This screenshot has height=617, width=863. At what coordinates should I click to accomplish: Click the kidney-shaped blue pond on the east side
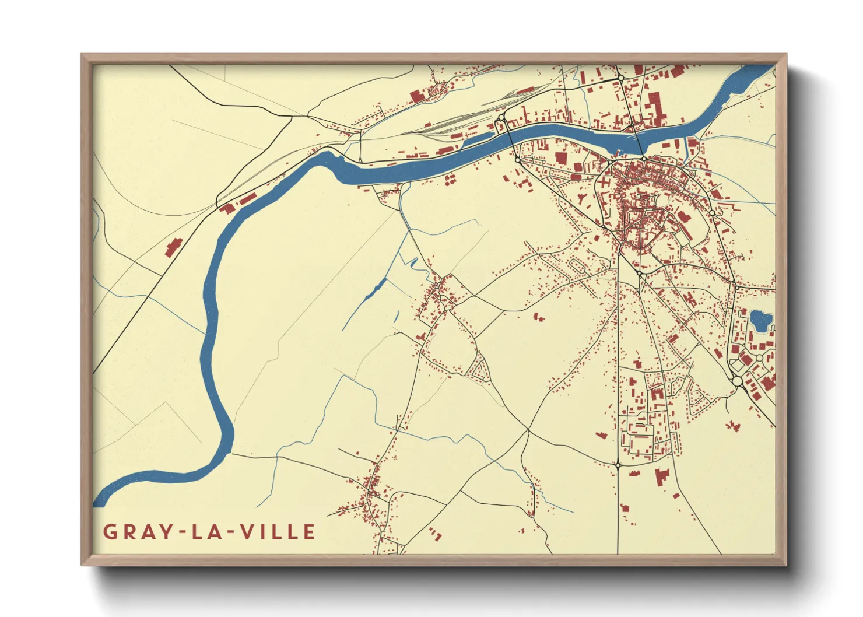(x=760, y=320)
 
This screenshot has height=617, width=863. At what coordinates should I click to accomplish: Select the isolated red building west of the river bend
(x=173, y=247)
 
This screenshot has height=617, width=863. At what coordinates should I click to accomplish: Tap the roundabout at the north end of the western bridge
(x=501, y=118)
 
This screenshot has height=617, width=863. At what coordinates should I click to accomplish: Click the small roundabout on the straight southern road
(x=617, y=465)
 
